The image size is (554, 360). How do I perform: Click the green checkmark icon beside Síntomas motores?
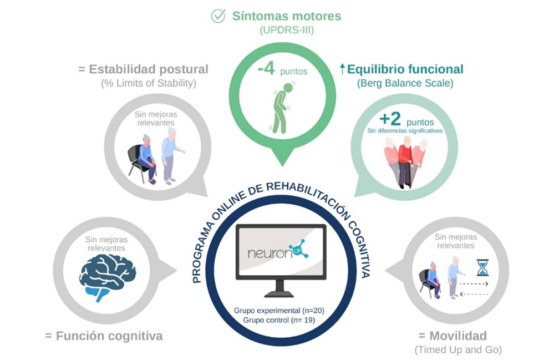coord(218,16)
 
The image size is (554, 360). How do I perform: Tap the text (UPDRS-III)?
coord(287,31)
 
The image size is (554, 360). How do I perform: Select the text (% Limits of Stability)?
coord(148,84)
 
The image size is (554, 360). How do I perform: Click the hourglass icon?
coord(482,267)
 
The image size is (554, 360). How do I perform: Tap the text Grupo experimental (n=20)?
coord(279,310)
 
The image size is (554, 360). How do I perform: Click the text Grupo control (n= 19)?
coord(279,320)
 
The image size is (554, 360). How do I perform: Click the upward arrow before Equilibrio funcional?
coord(342,69)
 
